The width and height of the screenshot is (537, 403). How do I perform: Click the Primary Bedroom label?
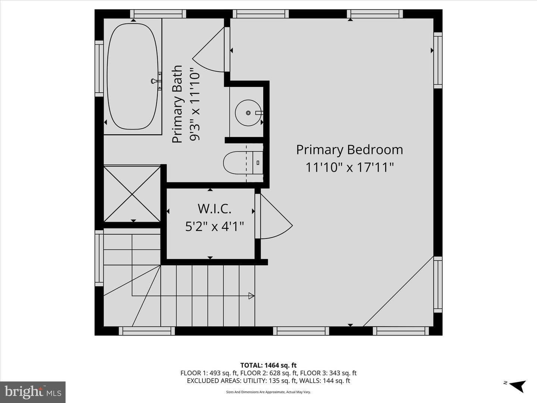[x=349, y=150]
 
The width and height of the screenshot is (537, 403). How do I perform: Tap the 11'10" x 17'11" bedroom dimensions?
[x=349, y=168]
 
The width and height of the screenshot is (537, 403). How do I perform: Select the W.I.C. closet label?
[x=214, y=209]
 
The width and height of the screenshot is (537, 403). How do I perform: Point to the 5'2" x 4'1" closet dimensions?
[x=214, y=227]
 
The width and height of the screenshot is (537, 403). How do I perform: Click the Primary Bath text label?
[x=178, y=104]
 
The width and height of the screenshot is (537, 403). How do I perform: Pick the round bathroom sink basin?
[x=248, y=113]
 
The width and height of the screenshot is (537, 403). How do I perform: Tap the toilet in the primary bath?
[x=243, y=163]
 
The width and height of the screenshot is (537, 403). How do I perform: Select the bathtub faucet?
[x=156, y=81]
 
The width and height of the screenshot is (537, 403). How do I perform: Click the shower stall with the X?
[x=132, y=194]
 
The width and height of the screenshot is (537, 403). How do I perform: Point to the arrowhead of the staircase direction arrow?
[x=251, y=296]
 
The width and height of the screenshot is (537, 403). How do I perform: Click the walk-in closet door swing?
[x=276, y=216]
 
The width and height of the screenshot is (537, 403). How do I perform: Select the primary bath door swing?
[x=208, y=50]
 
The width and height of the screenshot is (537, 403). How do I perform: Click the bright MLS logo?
[x=33, y=392]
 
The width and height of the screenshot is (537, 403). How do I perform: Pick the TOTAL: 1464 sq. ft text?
[x=268, y=365]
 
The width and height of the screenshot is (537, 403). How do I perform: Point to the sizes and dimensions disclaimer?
[x=268, y=392]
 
